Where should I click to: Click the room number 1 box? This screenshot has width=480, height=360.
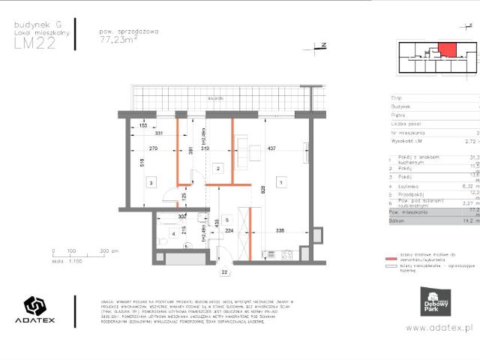(x=280, y=182)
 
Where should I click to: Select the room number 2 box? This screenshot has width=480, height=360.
(x=217, y=169)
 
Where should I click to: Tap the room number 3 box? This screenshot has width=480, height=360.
(x=151, y=182)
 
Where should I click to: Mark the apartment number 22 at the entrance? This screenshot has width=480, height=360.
(x=223, y=272)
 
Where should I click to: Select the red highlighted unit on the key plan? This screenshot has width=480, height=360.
(x=447, y=49)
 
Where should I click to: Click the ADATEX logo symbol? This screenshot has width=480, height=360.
(x=35, y=306)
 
